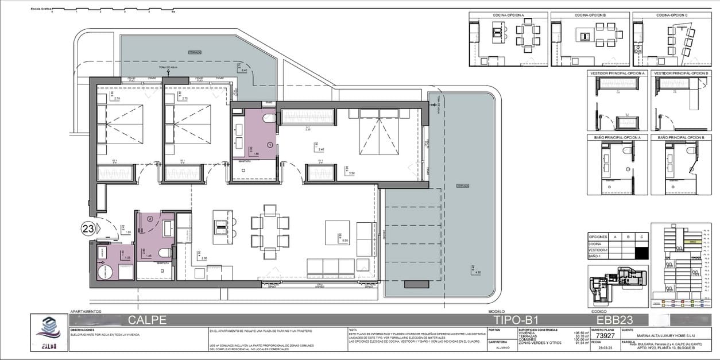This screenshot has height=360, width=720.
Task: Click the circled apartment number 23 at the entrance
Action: (88, 229)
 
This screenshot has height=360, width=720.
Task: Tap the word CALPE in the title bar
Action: (147, 320)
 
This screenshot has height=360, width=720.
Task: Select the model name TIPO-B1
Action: (516, 320)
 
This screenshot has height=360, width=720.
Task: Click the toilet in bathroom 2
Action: (164, 253)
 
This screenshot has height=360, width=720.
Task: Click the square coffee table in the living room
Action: (336, 231)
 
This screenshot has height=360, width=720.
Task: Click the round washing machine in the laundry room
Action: (104, 272)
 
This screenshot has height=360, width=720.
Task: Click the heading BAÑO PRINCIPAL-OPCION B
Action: (680, 138)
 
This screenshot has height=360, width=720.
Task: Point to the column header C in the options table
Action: (642, 237)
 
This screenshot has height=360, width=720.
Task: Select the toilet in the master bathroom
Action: (268, 119)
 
